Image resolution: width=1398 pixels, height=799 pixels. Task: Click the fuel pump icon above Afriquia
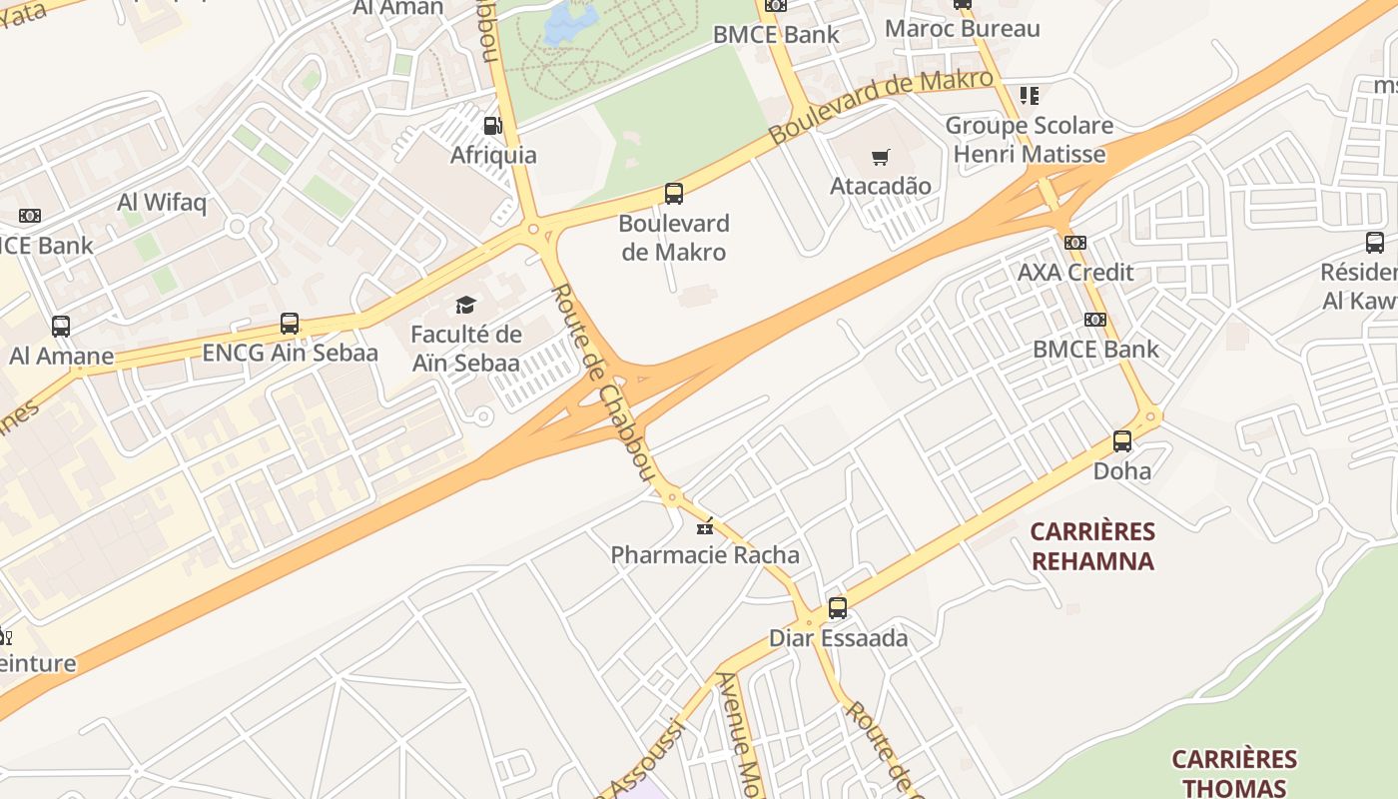tap(492, 126)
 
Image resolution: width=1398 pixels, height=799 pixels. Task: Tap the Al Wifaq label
tap(162, 202)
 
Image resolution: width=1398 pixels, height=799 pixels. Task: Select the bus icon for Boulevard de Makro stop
tap(674, 194)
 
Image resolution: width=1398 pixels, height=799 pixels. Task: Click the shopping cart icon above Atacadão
tap(880, 157)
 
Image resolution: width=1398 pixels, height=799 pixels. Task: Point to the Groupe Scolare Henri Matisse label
tap(1029, 140)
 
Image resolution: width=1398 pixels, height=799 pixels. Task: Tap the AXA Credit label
tap(1075, 272)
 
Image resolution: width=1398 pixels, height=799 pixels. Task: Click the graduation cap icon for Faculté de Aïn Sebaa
tap(466, 305)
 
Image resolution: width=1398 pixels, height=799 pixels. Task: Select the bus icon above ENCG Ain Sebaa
tap(290, 323)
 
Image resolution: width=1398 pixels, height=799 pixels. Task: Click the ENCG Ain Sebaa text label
tap(290, 353)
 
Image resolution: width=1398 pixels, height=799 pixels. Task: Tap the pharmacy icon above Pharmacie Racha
tap(705, 525)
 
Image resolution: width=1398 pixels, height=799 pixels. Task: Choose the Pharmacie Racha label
tap(705, 554)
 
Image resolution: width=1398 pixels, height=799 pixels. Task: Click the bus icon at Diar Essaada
tap(838, 607)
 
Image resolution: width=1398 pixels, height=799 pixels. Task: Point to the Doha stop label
tap(1122, 470)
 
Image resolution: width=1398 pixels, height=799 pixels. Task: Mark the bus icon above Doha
tap(1122, 440)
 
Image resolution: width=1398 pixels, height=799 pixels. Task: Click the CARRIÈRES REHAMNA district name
tap(1092, 545)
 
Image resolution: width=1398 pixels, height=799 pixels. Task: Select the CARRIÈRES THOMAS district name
tap(1234, 773)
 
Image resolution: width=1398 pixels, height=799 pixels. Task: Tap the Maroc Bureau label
tap(963, 28)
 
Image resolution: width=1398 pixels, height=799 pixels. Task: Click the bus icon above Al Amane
tap(61, 326)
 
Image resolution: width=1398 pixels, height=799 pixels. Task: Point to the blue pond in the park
tap(571, 23)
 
